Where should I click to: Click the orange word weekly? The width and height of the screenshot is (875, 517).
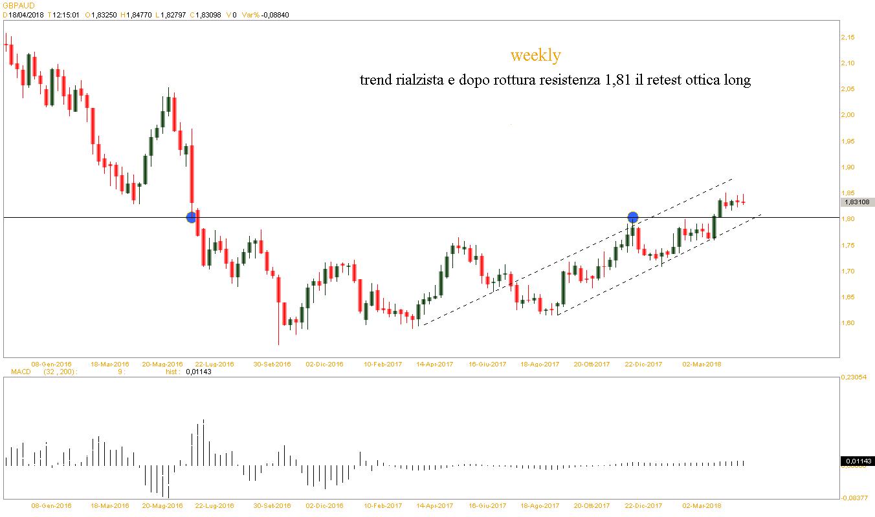[x=535, y=56]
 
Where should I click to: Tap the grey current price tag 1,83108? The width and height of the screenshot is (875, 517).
[x=858, y=202]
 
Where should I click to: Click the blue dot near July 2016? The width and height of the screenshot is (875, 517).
[x=191, y=218]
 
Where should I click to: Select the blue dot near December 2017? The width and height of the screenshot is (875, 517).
[x=633, y=218]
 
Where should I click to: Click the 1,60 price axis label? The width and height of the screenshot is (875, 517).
[x=847, y=323]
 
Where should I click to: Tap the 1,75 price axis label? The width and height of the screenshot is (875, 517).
[x=847, y=246]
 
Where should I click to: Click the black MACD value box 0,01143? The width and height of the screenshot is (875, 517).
[x=858, y=461]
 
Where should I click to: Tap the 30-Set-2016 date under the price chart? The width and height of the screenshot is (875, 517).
[x=272, y=364]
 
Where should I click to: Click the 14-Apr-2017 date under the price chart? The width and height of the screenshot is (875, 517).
[x=435, y=364]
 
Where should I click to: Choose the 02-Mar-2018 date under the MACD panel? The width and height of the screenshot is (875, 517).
[x=702, y=505]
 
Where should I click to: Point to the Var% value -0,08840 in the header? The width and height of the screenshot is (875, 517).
[x=274, y=15]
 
